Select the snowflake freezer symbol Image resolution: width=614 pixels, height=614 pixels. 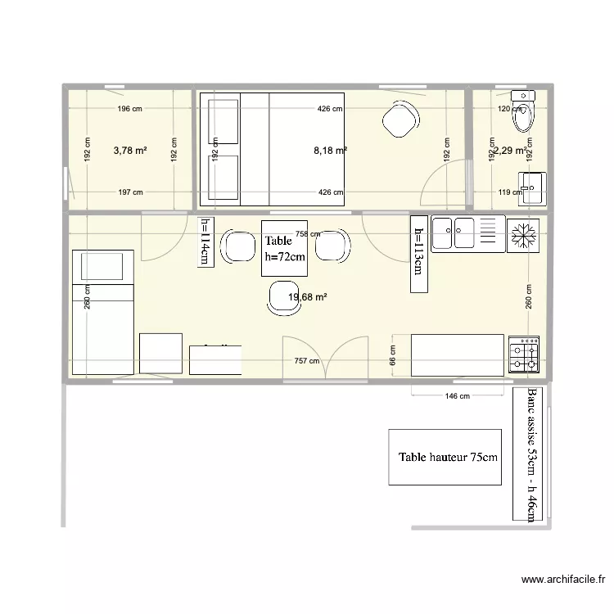[x=523, y=235]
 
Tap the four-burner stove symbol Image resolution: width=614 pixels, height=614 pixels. [x=524, y=354]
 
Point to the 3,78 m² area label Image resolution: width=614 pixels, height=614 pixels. [x=130, y=150]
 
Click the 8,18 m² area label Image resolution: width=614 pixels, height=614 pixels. [x=330, y=150]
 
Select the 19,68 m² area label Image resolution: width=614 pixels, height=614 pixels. [x=308, y=297]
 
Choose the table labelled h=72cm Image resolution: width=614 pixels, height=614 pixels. [x=284, y=249]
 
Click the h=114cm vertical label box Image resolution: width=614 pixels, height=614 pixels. [x=205, y=242]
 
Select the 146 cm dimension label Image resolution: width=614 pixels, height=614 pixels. [x=458, y=396]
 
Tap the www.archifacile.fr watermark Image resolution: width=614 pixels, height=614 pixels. [x=563, y=581]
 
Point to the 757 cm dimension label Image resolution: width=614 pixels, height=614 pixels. [x=306, y=360]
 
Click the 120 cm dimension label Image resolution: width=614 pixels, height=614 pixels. [x=509, y=108]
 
